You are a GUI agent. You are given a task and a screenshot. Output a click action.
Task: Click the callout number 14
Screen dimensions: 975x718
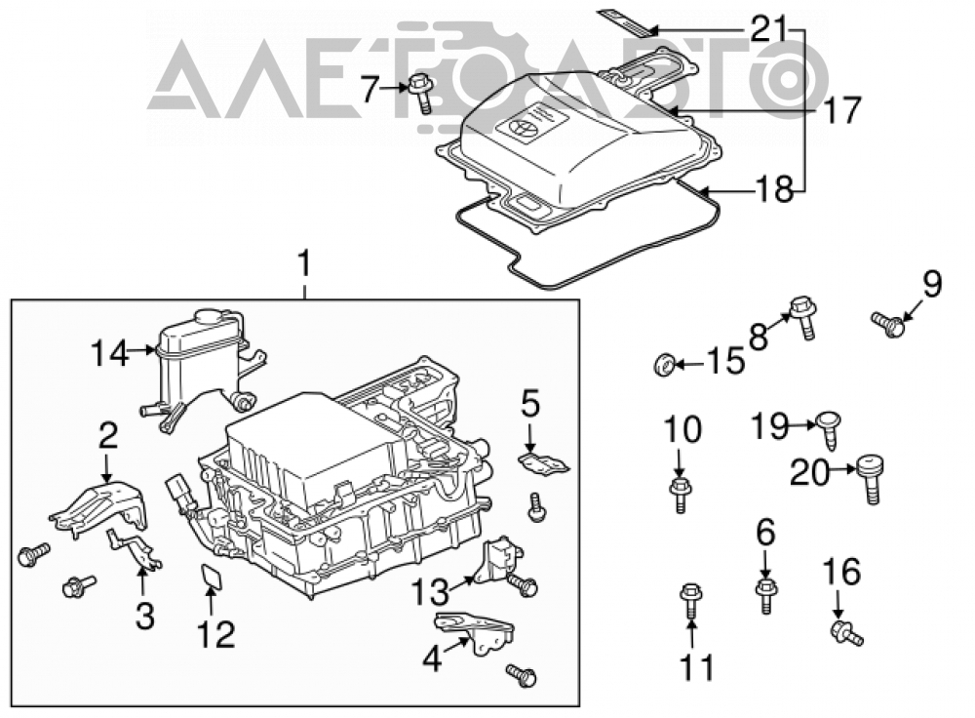coord(110,353)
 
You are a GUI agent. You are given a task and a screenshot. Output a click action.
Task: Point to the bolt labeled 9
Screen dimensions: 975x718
coord(888,325)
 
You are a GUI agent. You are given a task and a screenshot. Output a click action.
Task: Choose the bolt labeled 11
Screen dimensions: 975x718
coord(691,599)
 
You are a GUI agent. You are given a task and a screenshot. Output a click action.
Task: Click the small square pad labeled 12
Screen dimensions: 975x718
coord(212,576)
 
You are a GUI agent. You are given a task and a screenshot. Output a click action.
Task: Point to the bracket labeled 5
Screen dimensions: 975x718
coord(543,463)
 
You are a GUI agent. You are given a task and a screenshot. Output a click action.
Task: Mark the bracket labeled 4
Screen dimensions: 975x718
coord(475,631)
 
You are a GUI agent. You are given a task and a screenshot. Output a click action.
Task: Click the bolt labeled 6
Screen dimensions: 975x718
coord(766,595)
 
